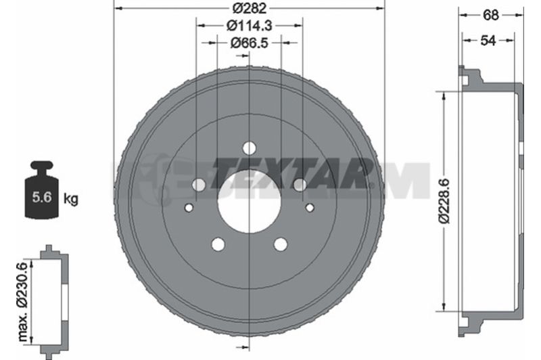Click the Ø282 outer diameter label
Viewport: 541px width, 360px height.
pos(249,8)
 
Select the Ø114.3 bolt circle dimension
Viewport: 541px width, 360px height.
pos(249,25)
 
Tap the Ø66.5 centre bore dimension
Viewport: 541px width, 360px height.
pos(249,43)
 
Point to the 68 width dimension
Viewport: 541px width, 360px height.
pos(491,15)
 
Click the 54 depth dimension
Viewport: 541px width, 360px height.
pos(488,41)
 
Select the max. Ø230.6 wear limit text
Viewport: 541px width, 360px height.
pos(22,302)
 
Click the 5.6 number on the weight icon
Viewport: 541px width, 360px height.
pos(42,197)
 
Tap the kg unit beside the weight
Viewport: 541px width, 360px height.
pos(71,199)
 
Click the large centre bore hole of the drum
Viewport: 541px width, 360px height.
pos(249,201)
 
